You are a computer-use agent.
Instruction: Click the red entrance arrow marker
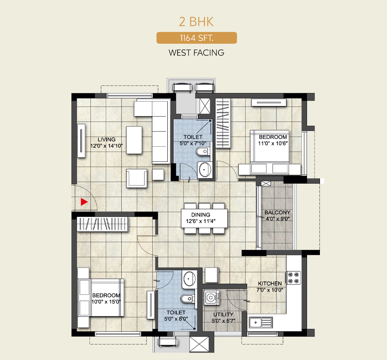point(84,202)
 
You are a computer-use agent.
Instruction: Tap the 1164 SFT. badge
point(197,38)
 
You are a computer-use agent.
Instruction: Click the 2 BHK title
point(196,22)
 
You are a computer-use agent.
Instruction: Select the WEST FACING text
point(197,52)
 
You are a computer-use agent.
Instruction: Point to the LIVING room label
point(106,139)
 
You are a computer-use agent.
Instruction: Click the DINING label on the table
point(201,215)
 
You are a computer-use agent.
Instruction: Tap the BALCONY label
point(277,212)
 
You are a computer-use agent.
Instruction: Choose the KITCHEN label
point(270,283)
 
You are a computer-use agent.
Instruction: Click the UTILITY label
point(223,314)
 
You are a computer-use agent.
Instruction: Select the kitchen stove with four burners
point(293,277)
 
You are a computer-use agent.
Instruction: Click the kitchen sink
point(261,323)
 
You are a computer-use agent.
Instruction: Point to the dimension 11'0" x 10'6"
point(273,144)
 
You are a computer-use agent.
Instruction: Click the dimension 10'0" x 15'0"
point(106,302)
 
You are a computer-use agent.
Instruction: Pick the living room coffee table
point(134,140)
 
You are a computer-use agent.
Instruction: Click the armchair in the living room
point(136,178)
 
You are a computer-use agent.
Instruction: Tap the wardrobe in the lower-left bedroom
point(103,224)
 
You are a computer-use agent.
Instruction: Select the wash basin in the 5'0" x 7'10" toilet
point(205,169)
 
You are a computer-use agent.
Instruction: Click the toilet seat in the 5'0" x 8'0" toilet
point(187,299)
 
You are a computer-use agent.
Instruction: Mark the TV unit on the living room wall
point(81,141)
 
